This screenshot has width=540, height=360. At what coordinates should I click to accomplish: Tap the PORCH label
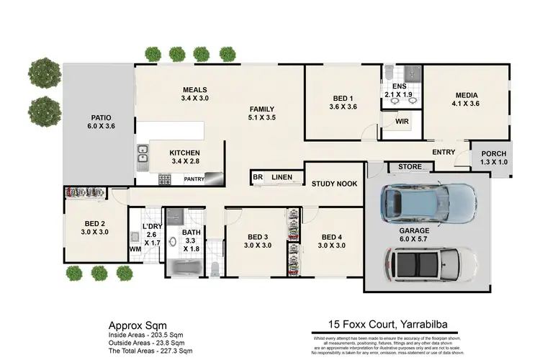493,154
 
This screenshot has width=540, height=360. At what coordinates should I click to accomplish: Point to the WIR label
402,122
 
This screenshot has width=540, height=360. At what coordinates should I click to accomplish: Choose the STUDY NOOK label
334,184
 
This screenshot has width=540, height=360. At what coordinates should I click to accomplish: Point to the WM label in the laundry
135,249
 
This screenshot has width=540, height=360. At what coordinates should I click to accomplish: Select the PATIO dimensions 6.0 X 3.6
99,126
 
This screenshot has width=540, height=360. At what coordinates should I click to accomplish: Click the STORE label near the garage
410,168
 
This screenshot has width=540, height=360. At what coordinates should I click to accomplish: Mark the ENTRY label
444,152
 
